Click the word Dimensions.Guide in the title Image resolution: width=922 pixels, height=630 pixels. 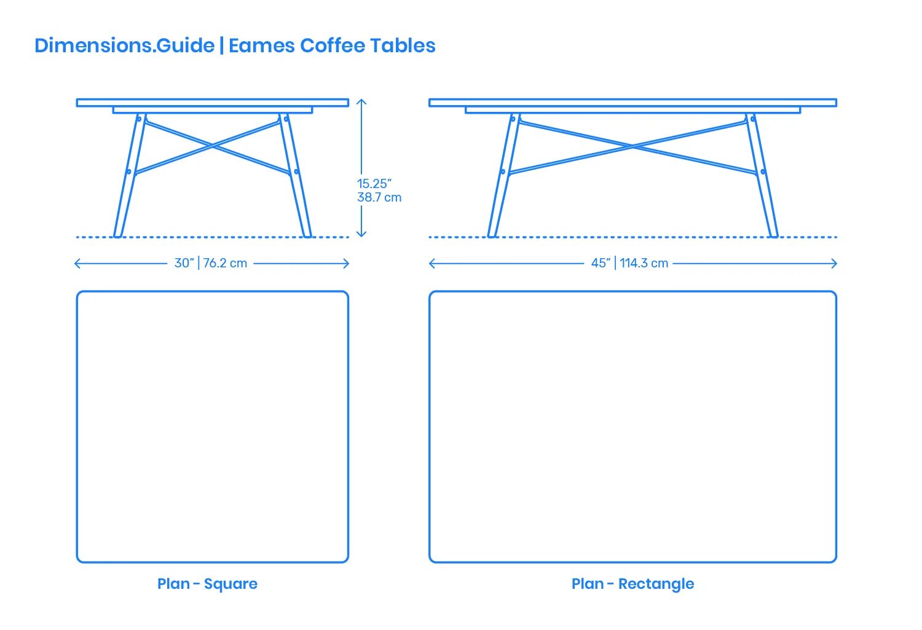124,45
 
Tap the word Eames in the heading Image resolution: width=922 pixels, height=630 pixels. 261,45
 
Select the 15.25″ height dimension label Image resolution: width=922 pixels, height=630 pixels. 374,184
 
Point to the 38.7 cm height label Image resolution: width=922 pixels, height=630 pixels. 379,197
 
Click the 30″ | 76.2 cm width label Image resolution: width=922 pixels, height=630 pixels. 211,263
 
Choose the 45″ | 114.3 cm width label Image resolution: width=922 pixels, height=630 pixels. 629,263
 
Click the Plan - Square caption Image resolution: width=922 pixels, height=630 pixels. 207,583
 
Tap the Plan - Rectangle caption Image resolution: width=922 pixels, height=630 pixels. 632,583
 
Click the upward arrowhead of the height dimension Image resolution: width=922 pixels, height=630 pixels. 362,101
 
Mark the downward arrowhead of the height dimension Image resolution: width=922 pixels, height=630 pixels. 362,234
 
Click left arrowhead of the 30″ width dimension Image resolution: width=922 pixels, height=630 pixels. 76,264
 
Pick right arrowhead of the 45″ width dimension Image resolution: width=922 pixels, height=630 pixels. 835,264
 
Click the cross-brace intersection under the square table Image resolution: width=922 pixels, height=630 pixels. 213,146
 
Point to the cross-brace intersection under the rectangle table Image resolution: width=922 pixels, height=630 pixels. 633,146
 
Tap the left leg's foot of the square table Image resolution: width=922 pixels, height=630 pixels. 118,234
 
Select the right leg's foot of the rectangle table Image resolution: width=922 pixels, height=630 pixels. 773,234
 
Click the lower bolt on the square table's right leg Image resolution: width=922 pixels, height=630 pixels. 296,171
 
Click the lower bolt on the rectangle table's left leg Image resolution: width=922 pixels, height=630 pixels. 503,171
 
